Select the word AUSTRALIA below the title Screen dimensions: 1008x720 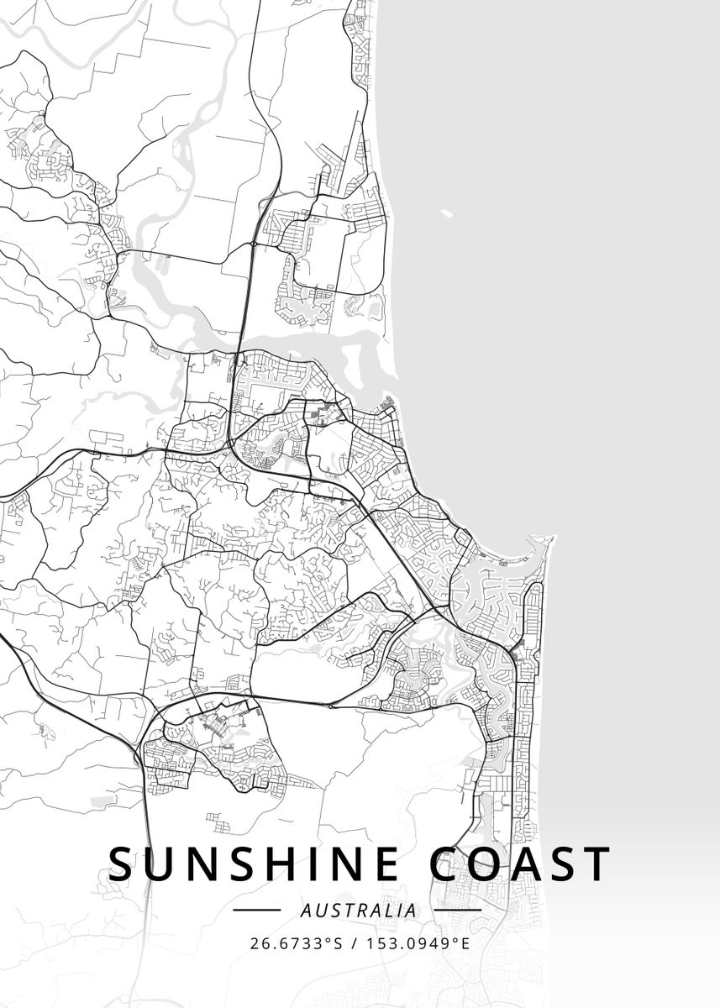tap(358, 910)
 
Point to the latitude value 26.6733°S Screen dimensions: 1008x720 tap(294, 942)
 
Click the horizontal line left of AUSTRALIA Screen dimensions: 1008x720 tap(256, 910)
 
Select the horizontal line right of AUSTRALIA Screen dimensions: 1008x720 tap(461, 910)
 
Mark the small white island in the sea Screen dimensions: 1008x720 tap(446, 214)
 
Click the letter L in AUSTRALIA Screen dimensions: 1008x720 tap(384, 910)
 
